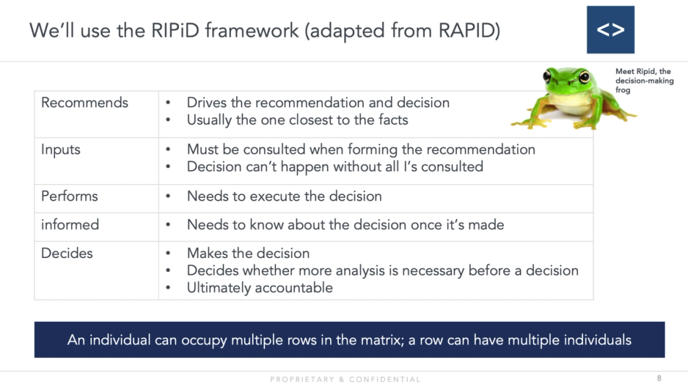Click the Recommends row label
coord(85,103)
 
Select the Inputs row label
coord(61,150)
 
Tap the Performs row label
coord(70,196)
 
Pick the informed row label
coord(70,225)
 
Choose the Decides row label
coord(67,253)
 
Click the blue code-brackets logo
coord(610,30)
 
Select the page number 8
coord(659,378)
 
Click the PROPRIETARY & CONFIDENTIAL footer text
coord(345,379)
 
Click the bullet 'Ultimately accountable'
coord(259,288)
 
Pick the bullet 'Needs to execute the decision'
coord(284,196)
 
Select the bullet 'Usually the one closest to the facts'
coord(297,120)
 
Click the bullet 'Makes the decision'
coord(248,253)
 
